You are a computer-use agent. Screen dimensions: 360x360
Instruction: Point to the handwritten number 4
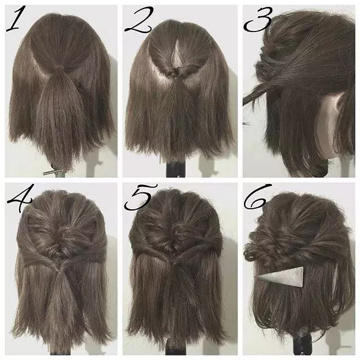tap(20, 198)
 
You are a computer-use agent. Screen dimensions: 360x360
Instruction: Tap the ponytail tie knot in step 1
tap(59, 67)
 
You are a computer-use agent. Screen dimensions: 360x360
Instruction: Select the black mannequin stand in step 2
tap(175, 169)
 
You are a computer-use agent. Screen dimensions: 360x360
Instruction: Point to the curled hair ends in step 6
tap(251, 253)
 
